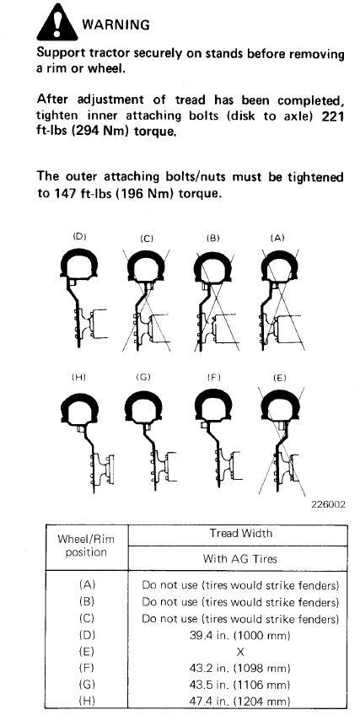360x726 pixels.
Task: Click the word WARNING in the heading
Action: coord(116,24)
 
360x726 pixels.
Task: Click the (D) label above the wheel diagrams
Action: coord(80,237)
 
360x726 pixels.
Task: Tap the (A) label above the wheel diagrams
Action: coord(277,238)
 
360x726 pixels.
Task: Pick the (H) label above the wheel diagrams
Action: coord(79,378)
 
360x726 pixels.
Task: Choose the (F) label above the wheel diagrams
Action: coord(214,378)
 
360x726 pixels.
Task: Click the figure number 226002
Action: coord(329,504)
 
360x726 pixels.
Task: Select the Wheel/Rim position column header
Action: coord(86,546)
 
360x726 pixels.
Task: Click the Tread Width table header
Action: coord(240,534)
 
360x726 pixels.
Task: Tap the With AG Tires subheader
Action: coord(239,558)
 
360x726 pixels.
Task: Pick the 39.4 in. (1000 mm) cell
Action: coord(240,635)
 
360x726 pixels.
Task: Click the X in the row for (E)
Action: coord(240,652)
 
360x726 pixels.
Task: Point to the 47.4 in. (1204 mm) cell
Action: coord(240,701)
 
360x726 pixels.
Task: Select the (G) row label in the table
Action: coord(87,685)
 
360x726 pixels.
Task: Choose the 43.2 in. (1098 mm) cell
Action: coord(240,669)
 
